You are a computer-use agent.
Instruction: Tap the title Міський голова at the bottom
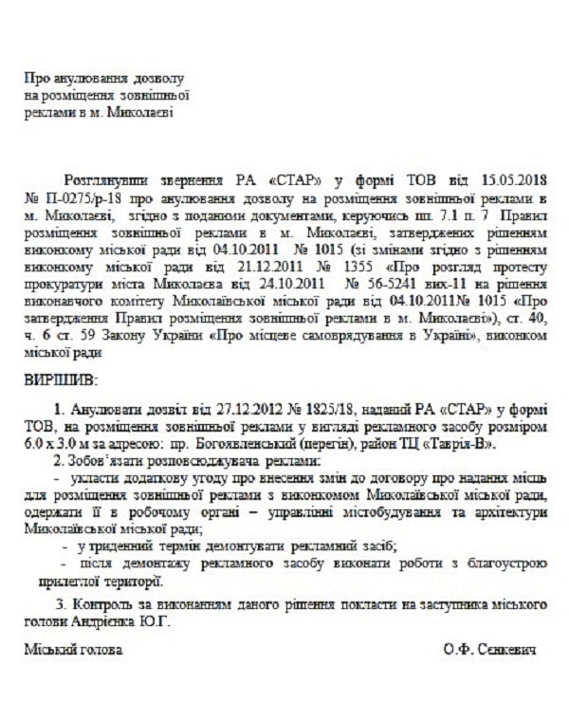pyautogui.click(x=73, y=652)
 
